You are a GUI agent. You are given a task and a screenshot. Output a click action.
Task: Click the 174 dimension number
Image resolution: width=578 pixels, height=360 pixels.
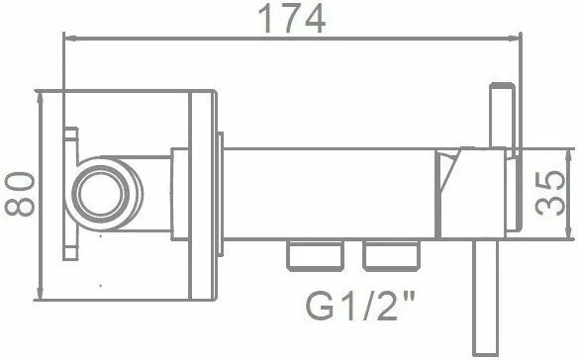coord(292,18)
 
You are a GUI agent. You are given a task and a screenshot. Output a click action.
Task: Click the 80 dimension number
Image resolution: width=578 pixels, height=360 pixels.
coord(20,194)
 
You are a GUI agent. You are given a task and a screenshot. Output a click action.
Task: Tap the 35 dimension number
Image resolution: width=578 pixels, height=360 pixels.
coord(550,193)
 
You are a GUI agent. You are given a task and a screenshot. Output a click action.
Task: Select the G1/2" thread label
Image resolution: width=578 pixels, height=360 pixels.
coord(360,306)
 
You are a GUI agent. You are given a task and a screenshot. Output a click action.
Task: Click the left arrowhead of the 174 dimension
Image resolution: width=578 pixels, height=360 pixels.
coord(69,38)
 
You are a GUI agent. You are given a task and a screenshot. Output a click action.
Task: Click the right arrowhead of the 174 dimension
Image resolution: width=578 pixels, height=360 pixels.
coord(515,38)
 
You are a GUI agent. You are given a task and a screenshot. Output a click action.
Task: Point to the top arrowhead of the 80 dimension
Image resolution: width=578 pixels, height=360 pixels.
coord(41,97)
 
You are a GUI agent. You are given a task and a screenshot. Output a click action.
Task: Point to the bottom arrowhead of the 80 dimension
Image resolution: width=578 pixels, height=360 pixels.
coord(41,294)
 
